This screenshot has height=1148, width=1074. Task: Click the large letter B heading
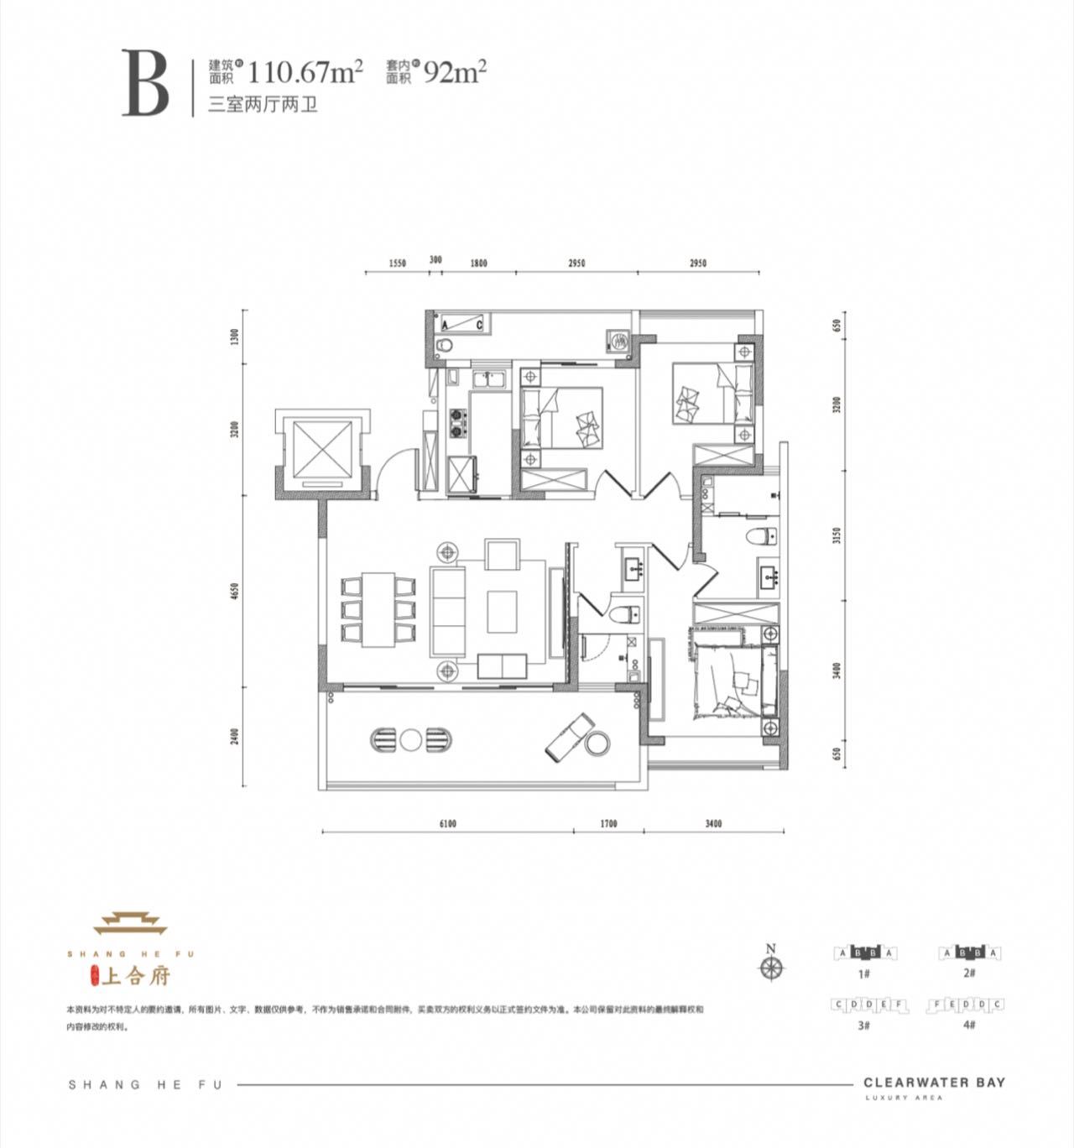146,83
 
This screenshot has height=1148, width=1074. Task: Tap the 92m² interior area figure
456,72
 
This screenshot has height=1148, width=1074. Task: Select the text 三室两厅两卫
263,107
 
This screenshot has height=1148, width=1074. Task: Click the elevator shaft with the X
321,451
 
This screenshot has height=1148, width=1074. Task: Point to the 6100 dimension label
446,823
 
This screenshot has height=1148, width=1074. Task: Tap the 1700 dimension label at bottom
608,823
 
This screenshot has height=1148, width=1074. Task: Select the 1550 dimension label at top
397,264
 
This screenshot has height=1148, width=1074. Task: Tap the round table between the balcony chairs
411,739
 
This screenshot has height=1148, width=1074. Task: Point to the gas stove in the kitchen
456,423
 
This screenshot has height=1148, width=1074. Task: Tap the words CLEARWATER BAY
934,1083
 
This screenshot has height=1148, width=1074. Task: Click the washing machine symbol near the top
619,341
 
